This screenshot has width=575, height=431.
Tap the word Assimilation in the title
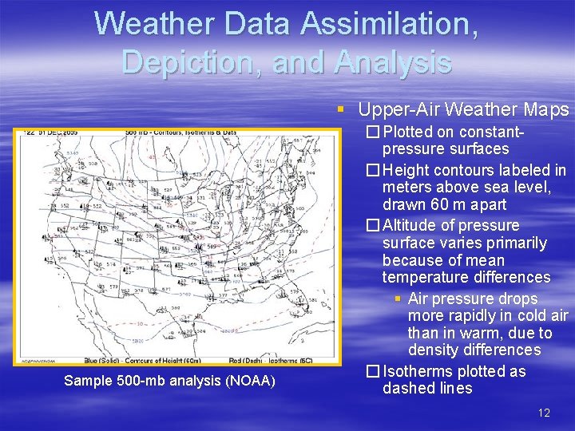coord(391,23)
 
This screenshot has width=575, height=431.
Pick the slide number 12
coord(544,413)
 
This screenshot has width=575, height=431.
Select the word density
coord(434,350)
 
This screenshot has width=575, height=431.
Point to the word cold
coord(532,315)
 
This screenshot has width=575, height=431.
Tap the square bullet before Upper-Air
coord(341,110)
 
